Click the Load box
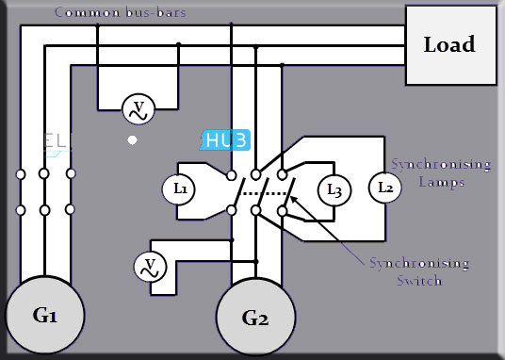[449, 45]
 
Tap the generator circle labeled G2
[255, 318]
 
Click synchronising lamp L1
[180, 188]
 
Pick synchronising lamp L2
[384, 188]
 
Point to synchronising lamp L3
[333, 189]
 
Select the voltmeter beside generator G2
[148, 267]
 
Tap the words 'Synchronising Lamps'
[441, 173]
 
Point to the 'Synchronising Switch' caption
[405, 270]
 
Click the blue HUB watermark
[227, 140]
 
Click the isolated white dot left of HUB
[133, 139]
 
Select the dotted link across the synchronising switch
[265, 194]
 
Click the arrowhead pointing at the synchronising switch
[291, 199]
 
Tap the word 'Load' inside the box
[449, 45]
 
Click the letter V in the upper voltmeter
[138, 106]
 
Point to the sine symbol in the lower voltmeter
[148, 273]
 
